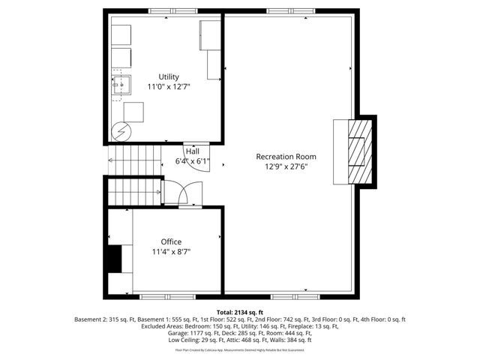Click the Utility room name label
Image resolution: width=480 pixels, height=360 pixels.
click(x=168, y=76)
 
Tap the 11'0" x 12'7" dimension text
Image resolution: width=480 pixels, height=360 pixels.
click(x=168, y=88)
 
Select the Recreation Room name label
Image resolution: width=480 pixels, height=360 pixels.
click(x=286, y=157)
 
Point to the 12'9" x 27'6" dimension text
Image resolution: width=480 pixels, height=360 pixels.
click(x=286, y=167)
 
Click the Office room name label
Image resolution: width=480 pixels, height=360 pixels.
click(x=171, y=241)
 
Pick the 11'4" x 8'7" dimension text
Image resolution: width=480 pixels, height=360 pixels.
click(x=171, y=253)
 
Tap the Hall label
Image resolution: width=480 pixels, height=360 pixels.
click(x=193, y=151)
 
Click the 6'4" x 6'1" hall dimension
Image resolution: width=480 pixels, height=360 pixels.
click(x=193, y=160)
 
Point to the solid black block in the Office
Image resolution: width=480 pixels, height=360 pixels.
click(x=112, y=259)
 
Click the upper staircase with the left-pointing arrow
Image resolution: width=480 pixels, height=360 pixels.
click(x=136, y=159)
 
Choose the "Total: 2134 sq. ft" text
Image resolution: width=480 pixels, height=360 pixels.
click(x=239, y=311)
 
